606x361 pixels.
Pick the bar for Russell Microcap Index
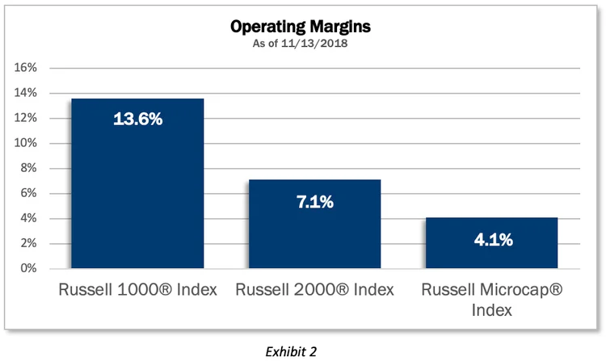pos(491,242)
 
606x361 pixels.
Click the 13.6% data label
pos(137,120)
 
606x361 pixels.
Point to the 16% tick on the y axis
pos(26,68)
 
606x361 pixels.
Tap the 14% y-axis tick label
pos(26,93)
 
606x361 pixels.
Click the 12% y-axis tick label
pos(26,118)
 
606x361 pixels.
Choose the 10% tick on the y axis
pos(26,143)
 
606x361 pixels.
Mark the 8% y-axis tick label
pos(29,168)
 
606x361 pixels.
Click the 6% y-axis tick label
pos(29,193)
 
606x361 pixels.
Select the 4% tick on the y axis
pos(29,218)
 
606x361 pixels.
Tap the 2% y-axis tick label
pos(29,243)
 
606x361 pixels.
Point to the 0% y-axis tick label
pos(29,268)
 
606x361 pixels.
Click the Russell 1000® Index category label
pos(137,289)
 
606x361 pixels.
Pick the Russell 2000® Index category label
pos(314,289)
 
